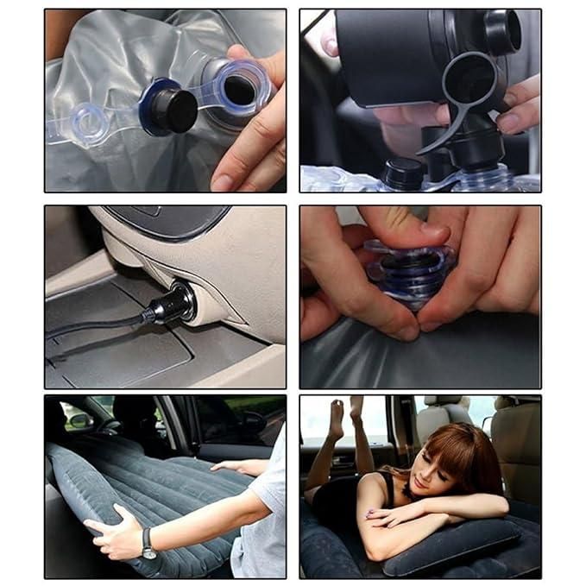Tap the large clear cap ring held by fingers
(241, 86)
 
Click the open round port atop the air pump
(501, 32)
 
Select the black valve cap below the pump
(402, 173)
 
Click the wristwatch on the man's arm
(148, 543)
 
